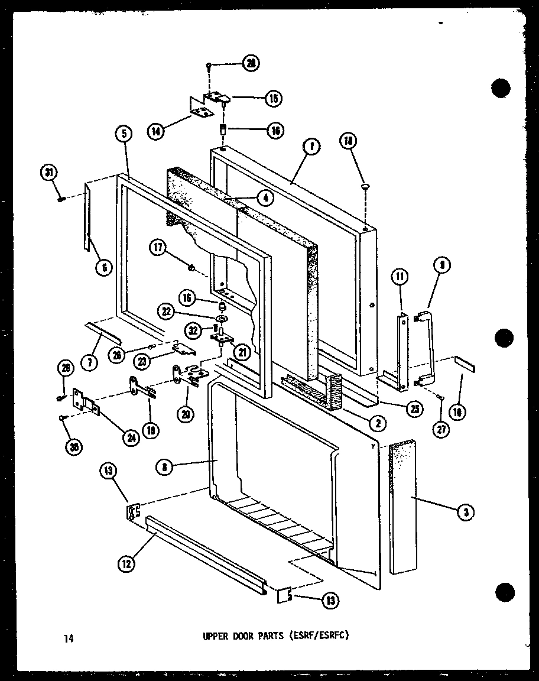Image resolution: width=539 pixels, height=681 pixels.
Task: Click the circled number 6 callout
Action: pyautogui.click(x=104, y=268)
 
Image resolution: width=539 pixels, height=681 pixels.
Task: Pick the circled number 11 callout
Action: pyautogui.click(x=400, y=275)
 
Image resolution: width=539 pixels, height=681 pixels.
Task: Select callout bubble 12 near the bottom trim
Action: pyautogui.click(x=125, y=564)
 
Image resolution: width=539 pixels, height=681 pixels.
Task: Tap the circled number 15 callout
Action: pyautogui.click(x=273, y=99)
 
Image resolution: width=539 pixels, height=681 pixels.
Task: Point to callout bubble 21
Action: pyautogui.click(x=242, y=352)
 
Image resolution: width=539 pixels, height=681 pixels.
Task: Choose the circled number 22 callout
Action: pyautogui.click(x=165, y=310)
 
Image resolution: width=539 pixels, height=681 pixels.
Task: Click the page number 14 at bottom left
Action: pyautogui.click(x=68, y=637)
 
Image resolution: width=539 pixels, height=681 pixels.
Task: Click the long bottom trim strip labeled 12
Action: pyautogui.click(x=207, y=553)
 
